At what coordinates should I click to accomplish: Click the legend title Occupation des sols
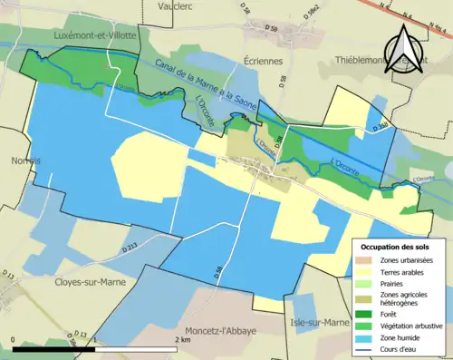pos(396,246)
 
